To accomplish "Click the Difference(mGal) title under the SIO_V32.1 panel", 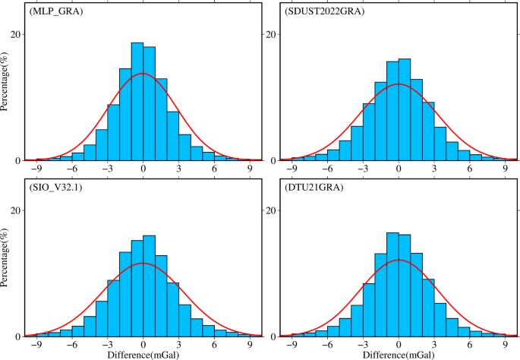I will pos(143,353).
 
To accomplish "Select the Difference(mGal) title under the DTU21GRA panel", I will pos(399,353).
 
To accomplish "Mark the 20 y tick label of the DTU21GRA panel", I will pos(270,211).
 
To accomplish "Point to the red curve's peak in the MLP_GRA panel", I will pos(143,74).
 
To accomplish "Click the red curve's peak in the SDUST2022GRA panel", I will pos(399,84).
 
